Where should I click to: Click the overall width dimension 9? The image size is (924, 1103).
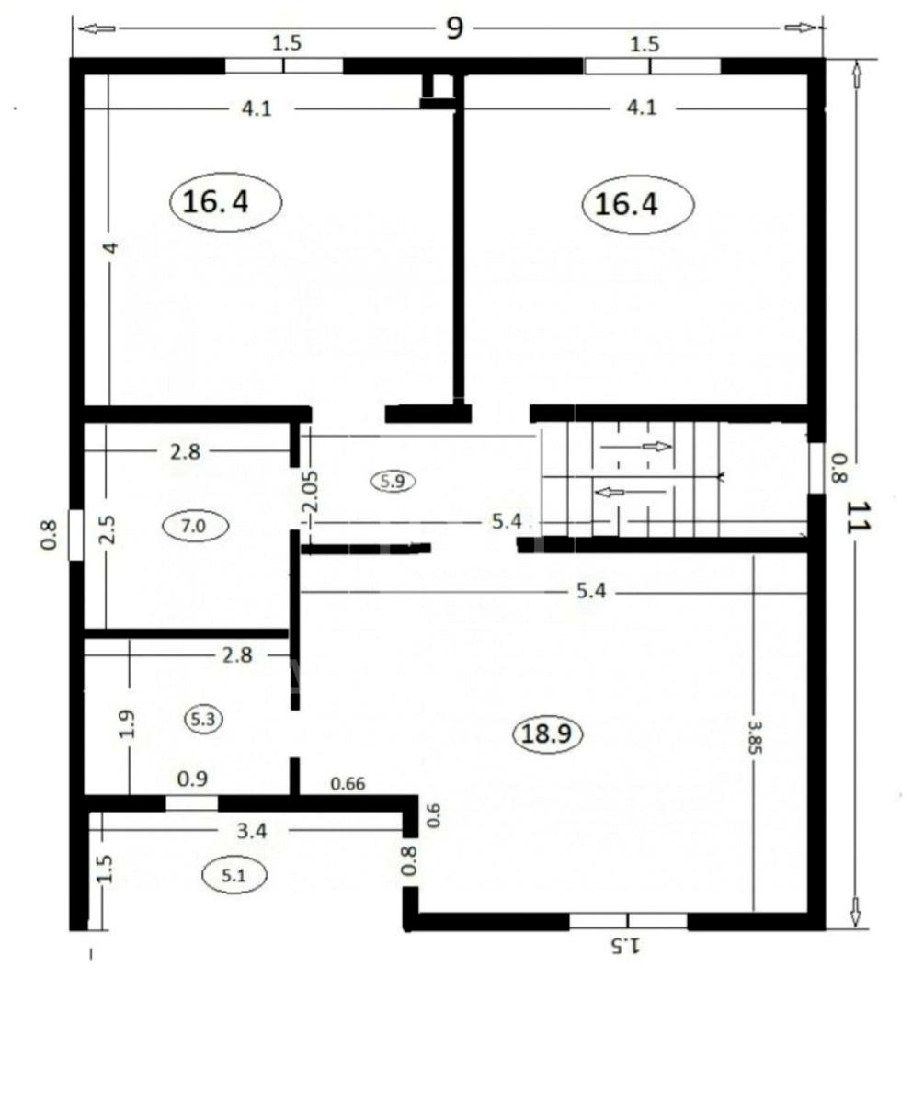(454, 28)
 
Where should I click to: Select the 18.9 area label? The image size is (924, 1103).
(548, 733)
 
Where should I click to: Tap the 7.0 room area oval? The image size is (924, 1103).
(194, 526)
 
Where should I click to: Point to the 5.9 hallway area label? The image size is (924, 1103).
(393, 481)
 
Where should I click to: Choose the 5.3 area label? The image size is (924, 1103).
(203, 720)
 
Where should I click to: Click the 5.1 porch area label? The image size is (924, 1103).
(234, 876)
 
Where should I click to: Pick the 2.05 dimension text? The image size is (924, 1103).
(311, 491)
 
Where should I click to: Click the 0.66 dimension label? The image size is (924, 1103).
(348, 784)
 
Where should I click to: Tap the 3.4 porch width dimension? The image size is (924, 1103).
(252, 831)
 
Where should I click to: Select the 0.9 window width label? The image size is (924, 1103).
(192, 779)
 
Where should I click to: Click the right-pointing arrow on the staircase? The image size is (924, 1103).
(656, 447)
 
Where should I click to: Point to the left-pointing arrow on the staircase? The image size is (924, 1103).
(610, 493)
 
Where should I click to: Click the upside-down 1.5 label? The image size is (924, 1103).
(625, 946)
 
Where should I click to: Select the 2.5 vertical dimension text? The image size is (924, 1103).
(107, 529)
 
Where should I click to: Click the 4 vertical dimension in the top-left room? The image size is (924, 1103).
(110, 248)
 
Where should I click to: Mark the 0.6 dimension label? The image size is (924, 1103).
(432, 815)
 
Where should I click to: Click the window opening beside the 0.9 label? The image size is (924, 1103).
(192, 803)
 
